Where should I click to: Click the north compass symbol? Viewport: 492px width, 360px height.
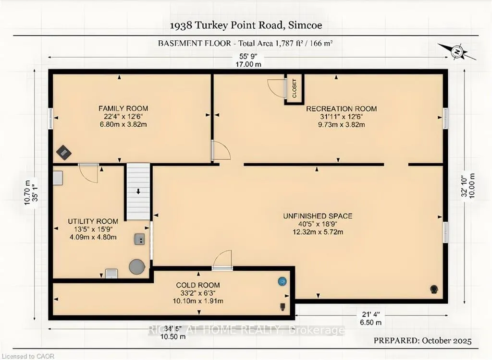[457, 51]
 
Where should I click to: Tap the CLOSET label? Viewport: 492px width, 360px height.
[295, 88]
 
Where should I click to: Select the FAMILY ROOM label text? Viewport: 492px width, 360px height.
[123, 108]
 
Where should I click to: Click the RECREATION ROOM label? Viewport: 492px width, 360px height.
[342, 109]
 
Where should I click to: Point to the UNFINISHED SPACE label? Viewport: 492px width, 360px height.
[318, 216]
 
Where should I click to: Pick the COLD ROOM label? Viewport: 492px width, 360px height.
[198, 285]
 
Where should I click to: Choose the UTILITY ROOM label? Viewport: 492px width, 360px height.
[93, 221]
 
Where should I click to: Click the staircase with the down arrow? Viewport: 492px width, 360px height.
[138, 192]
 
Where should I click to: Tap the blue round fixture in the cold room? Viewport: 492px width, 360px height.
[283, 281]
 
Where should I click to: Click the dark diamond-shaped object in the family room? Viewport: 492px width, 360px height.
[64, 153]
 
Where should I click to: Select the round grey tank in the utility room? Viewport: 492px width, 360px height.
[137, 267]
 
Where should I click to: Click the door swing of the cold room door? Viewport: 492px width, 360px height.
[222, 259]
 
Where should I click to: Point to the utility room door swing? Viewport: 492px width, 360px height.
[88, 173]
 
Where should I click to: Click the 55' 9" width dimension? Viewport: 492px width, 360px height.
[248, 57]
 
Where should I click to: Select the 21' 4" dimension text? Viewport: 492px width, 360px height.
[371, 314]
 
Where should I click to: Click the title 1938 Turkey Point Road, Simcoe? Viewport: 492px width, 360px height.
[246, 25]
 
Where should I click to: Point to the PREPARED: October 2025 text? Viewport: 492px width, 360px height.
[423, 340]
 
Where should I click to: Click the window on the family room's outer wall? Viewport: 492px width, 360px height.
[50, 118]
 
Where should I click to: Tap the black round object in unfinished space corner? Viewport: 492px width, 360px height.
[434, 289]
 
